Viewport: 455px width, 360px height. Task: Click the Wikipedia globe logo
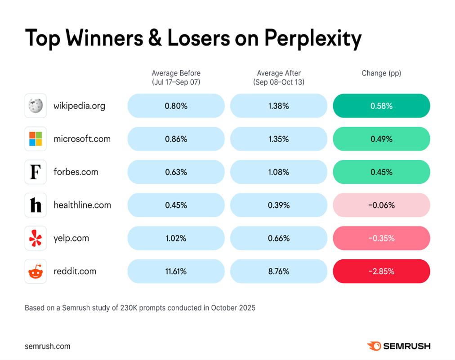click(x=36, y=106)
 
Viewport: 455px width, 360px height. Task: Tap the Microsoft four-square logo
click(x=36, y=139)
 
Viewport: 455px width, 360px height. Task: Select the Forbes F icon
click(x=36, y=172)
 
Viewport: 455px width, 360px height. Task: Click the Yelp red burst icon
click(x=36, y=238)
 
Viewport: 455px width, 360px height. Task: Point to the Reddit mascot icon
click(x=36, y=271)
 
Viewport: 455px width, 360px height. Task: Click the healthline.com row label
click(x=82, y=205)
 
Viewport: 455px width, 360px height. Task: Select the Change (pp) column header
click(x=381, y=73)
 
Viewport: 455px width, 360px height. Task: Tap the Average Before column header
click(x=176, y=77)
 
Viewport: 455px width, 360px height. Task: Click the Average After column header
click(x=279, y=77)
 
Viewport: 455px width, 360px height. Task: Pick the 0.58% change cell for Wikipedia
click(x=381, y=106)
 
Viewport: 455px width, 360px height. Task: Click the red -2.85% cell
click(x=381, y=271)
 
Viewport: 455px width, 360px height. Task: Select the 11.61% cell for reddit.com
click(x=176, y=271)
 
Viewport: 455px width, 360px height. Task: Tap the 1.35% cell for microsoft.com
click(x=279, y=139)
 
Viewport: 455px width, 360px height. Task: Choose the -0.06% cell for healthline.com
click(x=381, y=205)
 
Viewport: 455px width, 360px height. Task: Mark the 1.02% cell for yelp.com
click(x=176, y=238)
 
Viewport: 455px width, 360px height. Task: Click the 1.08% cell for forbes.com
click(x=279, y=172)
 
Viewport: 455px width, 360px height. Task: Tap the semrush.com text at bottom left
click(x=48, y=346)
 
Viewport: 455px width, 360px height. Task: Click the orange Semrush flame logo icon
click(x=374, y=346)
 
